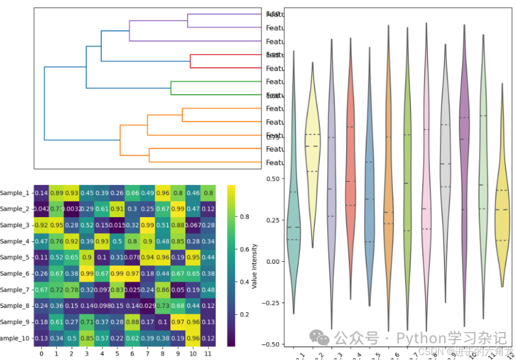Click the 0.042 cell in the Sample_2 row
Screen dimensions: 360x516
(x=41, y=209)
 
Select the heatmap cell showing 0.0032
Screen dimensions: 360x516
(x=71, y=209)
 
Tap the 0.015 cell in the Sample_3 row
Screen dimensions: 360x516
(x=117, y=225)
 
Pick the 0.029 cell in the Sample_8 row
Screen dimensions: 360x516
(x=147, y=306)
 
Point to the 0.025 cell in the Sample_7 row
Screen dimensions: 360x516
(x=132, y=290)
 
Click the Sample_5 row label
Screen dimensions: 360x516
(x=14, y=257)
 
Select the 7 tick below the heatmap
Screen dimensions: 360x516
(x=147, y=353)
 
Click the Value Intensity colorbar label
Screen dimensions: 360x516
(x=255, y=266)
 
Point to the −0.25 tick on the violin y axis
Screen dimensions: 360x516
(x=272, y=303)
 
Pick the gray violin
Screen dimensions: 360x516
(x=445, y=167)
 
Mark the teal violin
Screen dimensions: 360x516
(x=293, y=222)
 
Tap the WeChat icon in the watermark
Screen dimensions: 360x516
(x=319, y=337)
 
